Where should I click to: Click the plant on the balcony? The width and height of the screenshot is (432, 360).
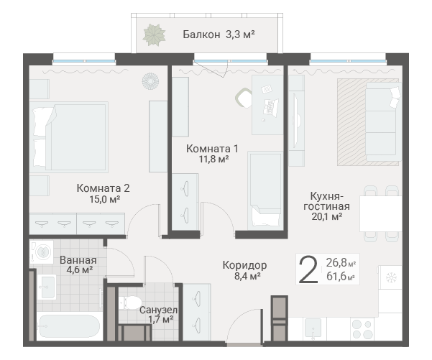pos(154,35)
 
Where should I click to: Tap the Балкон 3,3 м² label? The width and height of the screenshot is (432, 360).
pos(219,34)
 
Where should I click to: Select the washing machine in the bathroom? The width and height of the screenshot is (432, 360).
pos(42,252)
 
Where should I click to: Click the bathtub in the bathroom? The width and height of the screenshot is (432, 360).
pos(70,327)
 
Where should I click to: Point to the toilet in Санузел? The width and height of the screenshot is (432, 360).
pos(130,303)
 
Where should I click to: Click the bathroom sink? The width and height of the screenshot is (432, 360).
pos(47,287)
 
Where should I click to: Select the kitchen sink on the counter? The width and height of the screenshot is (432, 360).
pos(312,328)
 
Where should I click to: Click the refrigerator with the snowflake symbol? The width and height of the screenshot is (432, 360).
pos(390,277)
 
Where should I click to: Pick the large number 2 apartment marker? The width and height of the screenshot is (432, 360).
pos(308,269)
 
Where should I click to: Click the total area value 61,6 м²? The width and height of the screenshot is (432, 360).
pos(341,276)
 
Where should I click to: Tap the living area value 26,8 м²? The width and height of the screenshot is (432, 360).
pos(341,263)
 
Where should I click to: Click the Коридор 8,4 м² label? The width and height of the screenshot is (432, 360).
pos(244,270)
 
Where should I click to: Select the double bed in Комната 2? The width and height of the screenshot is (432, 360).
pos(68,137)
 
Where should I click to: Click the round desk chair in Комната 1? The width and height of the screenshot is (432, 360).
pos(244,98)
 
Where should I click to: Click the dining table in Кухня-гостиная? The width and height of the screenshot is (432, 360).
pos(381,213)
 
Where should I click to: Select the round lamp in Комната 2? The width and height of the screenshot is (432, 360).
pos(150,81)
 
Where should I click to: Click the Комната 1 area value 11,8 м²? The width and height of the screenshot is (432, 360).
pos(214,160)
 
